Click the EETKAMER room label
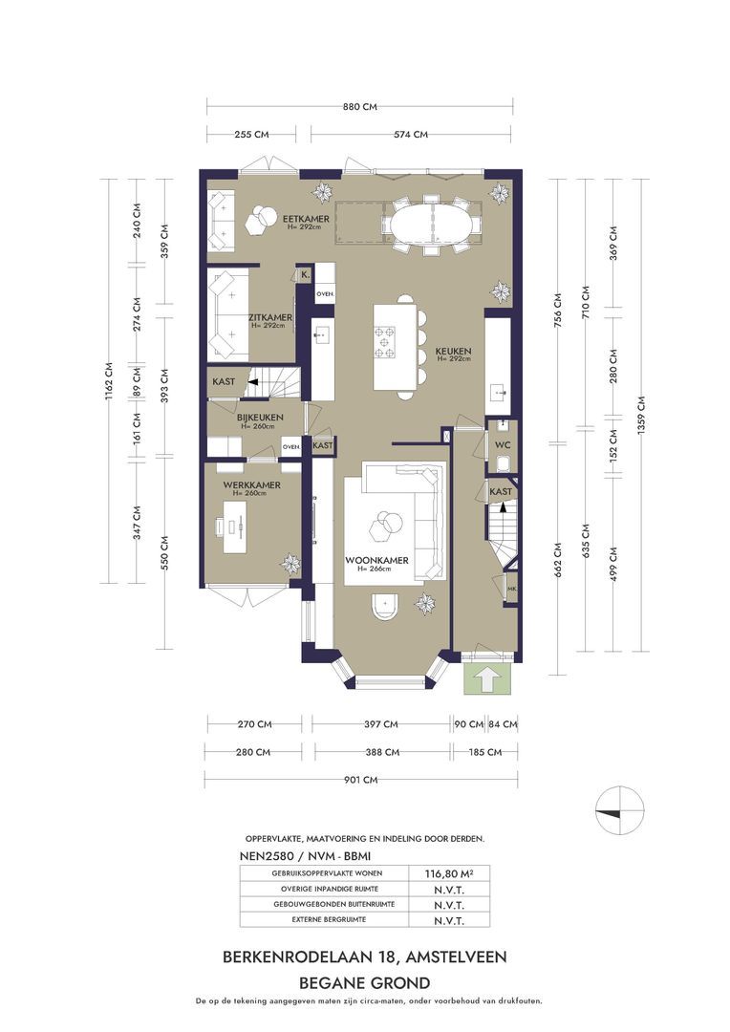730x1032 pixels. tap(296, 219)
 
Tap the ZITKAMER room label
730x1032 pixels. tap(269, 317)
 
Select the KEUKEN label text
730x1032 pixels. tap(453, 352)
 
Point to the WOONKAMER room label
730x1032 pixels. tap(376, 561)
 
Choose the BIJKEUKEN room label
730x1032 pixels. tap(260, 418)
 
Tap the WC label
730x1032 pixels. tap(503, 445)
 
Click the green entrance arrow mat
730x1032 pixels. tap(486, 678)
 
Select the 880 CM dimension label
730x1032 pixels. tap(360, 106)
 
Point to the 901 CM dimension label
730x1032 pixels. tap(361, 780)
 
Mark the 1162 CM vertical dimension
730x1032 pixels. tap(109, 380)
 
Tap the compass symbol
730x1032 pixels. tap(619, 809)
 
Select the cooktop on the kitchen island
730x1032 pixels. tap(385, 341)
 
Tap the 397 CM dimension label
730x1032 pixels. tap(381, 724)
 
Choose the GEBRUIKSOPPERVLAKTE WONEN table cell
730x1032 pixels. tap(327, 873)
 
